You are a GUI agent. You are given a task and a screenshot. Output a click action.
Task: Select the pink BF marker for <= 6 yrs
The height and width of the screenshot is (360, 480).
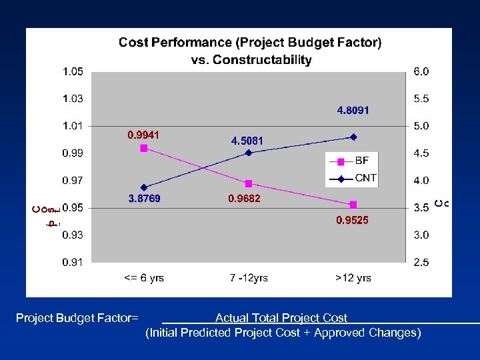point(144,148)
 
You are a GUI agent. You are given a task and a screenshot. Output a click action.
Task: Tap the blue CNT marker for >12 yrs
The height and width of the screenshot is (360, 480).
point(353,137)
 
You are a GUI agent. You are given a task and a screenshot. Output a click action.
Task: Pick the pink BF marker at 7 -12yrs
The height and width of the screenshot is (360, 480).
point(249,183)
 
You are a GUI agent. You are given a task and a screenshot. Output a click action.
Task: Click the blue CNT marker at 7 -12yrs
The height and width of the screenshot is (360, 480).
point(249,153)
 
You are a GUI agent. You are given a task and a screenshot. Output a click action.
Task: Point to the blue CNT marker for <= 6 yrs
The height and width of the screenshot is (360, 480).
point(144,187)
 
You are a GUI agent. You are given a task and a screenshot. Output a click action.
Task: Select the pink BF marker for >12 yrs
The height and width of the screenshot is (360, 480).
point(353,205)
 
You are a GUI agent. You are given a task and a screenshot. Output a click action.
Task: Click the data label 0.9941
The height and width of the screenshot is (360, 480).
point(144,135)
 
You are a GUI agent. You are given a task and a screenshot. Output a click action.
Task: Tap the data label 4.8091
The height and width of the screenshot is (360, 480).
point(353,111)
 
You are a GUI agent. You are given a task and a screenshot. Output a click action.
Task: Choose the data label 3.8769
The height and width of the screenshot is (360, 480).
point(144,199)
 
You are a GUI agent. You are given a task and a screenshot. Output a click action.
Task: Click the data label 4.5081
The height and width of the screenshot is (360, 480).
point(247,141)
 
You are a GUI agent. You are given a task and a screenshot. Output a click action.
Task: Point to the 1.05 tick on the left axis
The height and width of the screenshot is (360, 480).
point(73,71)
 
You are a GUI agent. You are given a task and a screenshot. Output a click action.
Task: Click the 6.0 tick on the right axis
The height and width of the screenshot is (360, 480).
point(421,71)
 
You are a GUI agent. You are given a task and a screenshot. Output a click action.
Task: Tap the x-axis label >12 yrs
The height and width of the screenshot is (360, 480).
point(353,278)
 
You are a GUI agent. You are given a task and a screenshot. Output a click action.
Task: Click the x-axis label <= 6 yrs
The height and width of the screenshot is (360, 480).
point(144,278)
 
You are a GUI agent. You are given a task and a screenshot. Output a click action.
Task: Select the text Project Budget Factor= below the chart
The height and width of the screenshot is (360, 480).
point(77,319)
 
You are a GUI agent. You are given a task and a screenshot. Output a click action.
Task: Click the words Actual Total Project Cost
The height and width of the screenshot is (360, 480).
point(281,319)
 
